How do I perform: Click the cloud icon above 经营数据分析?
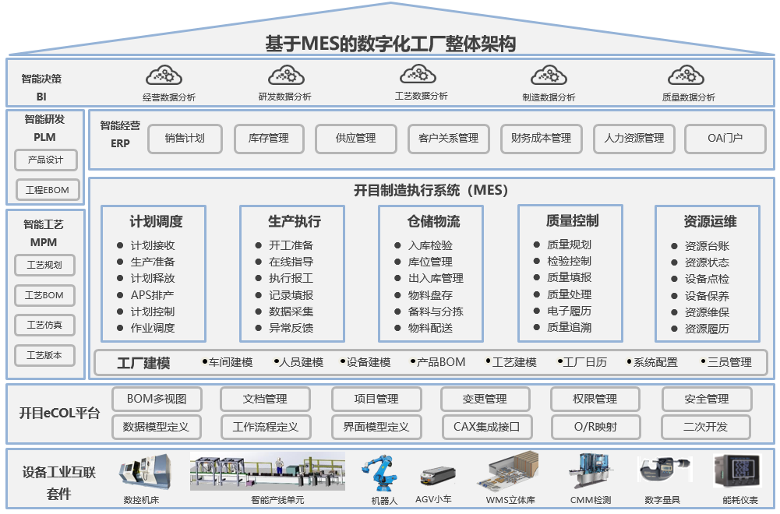point(164,76)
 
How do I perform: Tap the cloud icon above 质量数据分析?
point(686,76)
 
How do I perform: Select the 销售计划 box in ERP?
point(185,139)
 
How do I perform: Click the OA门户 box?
point(725,139)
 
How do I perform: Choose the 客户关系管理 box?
point(448,139)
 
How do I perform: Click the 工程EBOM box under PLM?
point(48,190)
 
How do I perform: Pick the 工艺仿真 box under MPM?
point(45,325)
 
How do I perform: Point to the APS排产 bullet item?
point(152,295)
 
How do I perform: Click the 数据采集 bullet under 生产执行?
point(291,312)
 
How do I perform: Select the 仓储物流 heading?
point(433,221)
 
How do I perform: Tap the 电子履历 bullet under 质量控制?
point(569,311)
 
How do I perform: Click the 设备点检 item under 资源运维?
point(707,279)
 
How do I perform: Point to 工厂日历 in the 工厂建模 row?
point(584,362)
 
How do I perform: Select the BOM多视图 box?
point(157,399)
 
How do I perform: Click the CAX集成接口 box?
point(486,427)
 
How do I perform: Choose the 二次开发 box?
point(706,427)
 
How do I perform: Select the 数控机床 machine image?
point(143,474)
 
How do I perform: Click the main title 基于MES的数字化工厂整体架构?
point(390,44)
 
